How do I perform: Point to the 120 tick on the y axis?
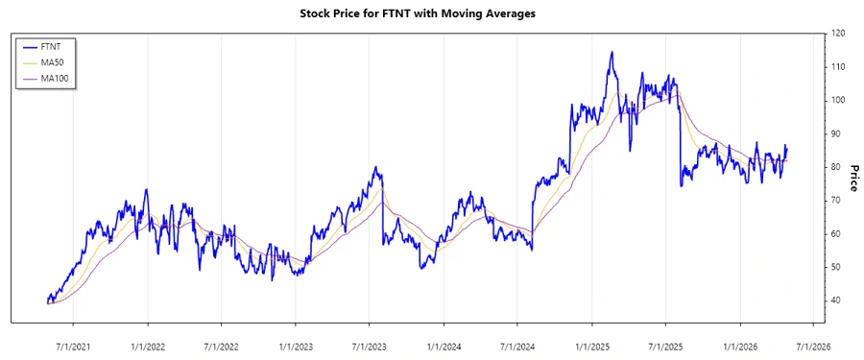point(839,34)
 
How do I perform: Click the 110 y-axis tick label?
point(839,67)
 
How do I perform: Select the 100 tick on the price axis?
point(839,101)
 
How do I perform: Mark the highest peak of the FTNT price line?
point(612,52)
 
